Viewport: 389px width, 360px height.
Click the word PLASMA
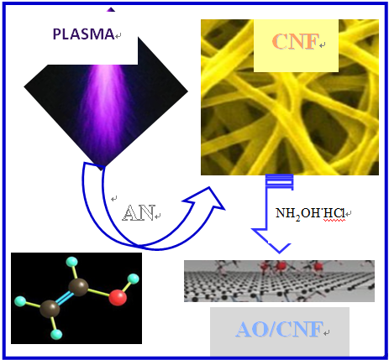point(83,34)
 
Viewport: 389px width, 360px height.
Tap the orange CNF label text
point(296,42)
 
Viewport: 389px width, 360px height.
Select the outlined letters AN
point(139,213)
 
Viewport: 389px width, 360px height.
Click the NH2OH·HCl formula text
point(310,213)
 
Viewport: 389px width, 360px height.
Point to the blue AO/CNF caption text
point(279,329)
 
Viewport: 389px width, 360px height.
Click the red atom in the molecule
point(118,297)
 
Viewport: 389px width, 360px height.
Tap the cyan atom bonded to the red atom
point(134,279)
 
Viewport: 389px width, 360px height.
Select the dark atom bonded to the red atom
point(78,287)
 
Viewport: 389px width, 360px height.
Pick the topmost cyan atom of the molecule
point(71,262)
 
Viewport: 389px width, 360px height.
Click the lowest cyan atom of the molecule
point(56,334)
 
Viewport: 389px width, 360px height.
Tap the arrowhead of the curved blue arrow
point(208,199)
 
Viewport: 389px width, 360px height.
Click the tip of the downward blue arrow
point(279,253)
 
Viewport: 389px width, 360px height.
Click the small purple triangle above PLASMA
point(111,9)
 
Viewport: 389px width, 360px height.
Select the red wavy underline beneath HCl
point(334,221)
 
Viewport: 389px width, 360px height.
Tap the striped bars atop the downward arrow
point(280,180)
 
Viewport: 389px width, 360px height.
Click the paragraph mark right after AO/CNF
point(327,333)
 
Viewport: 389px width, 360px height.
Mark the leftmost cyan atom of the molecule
point(20,301)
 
